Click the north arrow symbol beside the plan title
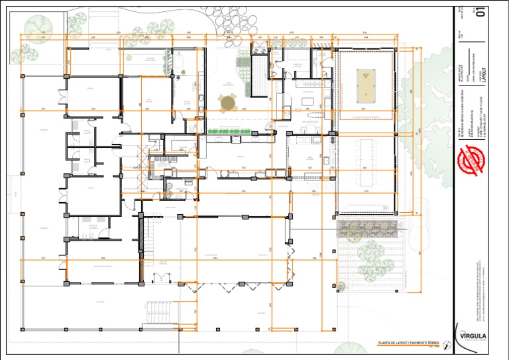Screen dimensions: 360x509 tap(447, 343)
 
